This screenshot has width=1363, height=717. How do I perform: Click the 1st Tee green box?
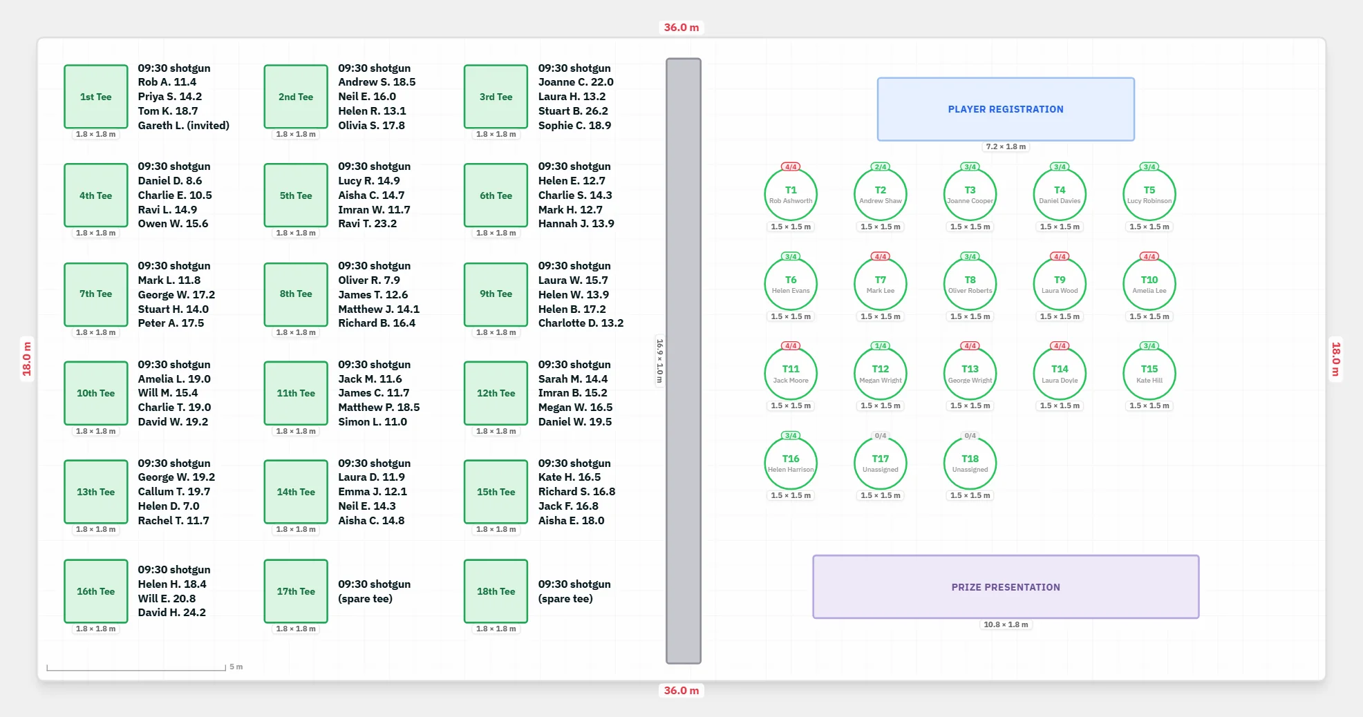click(96, 97)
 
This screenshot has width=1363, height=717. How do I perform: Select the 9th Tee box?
click(496, 294)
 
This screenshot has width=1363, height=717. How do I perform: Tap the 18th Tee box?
click(496, 591)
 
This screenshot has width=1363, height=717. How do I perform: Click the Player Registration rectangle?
click(1006, 109)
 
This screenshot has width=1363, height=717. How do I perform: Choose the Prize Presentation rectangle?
click(1006, 587)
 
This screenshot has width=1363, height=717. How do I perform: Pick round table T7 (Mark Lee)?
click(881, 284)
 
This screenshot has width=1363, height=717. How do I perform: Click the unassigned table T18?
click(970, 463)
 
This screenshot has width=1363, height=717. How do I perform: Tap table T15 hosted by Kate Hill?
click(1149, 374)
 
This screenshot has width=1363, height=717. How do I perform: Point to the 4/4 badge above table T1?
click(791, 166)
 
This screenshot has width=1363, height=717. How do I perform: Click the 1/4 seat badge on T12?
click(881, 345)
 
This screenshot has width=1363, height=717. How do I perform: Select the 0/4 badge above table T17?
click(881, 436)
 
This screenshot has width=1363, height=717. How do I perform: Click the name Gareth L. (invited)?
click(184, 126)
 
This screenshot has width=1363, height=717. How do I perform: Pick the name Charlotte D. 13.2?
click(581, 323)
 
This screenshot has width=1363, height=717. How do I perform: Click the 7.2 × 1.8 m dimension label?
click(1006, 146)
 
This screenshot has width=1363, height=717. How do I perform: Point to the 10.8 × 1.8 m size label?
click(1006, 624)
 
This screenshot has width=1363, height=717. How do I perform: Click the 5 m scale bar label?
click(236, 667)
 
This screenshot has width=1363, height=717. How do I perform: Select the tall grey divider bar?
click(684, 361)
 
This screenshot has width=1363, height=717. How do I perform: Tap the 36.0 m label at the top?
click(681, 28)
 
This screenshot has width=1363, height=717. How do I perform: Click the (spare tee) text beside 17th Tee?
click(366, 599)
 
